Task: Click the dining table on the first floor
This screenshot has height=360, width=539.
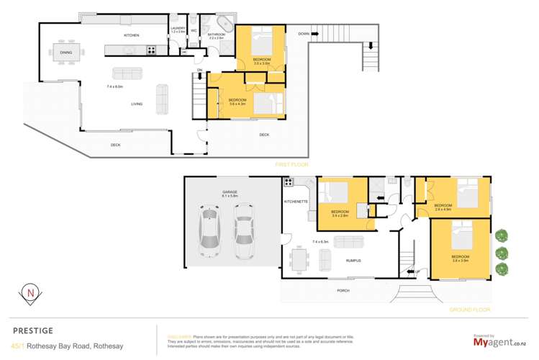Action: click(x=66, y=53)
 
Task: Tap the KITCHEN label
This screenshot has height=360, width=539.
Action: click(x=131, y=35)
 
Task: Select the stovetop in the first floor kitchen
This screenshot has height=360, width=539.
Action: click(x=152, y=50)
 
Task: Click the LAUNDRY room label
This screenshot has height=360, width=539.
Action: click(x=178, y=29)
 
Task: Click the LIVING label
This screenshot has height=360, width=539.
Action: click(x=136, y=104)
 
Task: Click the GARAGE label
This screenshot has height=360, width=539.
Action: click(x=230, y=192)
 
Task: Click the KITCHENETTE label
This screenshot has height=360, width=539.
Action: click(x=296, y=202)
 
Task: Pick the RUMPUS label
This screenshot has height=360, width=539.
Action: click(x=353, y=261)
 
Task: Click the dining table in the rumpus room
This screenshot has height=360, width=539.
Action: click(x=301, y=257)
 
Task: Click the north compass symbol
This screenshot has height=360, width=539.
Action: click(x=31, y=294)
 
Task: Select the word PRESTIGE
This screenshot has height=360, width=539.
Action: click(x=33, y=330)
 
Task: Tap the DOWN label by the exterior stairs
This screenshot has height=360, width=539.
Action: click(x=304, y=34)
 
